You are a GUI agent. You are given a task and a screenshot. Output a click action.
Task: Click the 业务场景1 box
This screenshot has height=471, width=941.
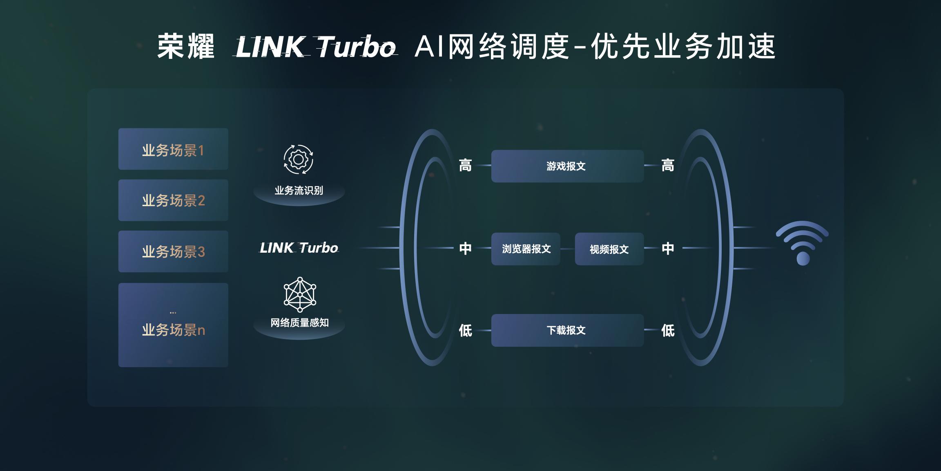coord(173,149)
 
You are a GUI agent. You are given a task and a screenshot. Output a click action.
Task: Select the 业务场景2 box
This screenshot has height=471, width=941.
coord(173,200)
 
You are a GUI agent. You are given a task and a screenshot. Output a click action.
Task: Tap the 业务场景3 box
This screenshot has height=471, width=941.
coord(173,251)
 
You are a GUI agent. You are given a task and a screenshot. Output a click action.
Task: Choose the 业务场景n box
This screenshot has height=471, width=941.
coord(173,325)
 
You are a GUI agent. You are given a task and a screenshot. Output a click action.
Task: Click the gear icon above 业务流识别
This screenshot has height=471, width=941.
coord(299,159)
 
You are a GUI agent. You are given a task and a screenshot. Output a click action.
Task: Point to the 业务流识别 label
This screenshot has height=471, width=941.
coord(299,191)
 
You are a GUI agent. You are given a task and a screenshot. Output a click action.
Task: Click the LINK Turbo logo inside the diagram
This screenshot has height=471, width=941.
coord(299,248)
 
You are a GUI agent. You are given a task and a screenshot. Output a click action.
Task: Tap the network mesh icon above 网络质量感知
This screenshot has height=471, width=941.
coord(300,294)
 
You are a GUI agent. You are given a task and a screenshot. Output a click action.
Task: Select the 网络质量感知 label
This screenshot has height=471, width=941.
coord(299,323)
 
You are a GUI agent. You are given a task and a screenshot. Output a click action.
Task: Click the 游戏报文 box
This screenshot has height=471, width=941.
coord(567,166)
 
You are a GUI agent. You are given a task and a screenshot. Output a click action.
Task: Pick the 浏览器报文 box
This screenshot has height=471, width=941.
coord(526,249)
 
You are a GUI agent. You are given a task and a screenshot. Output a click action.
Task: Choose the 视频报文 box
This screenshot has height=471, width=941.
coord(609,249)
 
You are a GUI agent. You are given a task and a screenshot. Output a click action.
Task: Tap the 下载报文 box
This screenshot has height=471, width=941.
coord(567,330)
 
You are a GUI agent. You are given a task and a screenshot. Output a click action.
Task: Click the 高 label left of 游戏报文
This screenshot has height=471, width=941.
coord(465,166)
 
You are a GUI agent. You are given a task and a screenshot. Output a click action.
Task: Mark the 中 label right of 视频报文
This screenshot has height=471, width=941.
coord(668,248)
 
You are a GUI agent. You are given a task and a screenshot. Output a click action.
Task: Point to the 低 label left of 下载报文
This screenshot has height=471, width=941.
coord(465,330)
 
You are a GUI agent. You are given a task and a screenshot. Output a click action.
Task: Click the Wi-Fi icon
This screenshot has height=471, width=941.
coord(803,243)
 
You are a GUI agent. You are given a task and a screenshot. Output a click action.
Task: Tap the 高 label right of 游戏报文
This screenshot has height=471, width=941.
coord(668,166)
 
